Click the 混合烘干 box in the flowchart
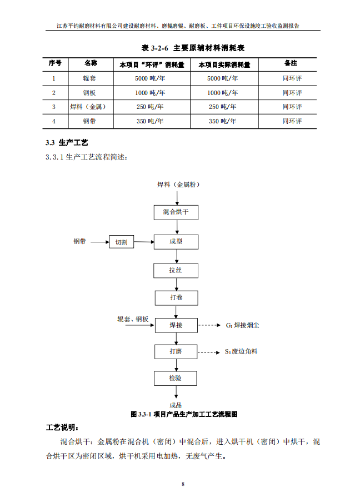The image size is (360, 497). pyautogui.click(x=176, y=212)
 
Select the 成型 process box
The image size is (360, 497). pyautogui.click(x=176, y=242)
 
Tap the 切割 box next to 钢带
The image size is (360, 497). pyautogui.click(x=121, y=242)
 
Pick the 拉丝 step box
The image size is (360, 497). pyautogui.click(x=176, y=271)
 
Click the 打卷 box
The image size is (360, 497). pyautogui.click(x=176, y=298)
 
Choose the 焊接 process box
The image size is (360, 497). pyautogui.click(x=176, y=325)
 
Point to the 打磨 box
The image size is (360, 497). pyautogui.click(x=176, y=351)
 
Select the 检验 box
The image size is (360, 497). pyautogui.click(x=176, y=378)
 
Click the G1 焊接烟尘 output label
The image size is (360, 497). pyautogui.click(x=243, y=325)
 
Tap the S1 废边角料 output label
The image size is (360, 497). pyautogui.click(x=241, y=351)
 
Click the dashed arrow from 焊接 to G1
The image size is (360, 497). pyautogui.click(x=209, y=325)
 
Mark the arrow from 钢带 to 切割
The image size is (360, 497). pyautogui.click(x=100, y=242)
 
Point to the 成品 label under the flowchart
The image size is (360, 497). pyautogui.click(x=176, y=405)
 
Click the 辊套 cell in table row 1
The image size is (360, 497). pyautogui.click(x=89, y=78)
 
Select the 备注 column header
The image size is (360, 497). pyautogui.click(x=291, y=63)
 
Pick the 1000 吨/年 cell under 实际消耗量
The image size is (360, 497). pyautogui.click(x=223, y=93)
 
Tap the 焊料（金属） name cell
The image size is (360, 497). pyautogui.click(x=88, y=107)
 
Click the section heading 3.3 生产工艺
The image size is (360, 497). pyautogui.click(x=67, y=143)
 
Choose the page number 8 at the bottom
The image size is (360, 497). pyautogui.click(x=183, y=484)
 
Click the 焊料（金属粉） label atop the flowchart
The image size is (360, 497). pyautogui.click(x=178, y=185)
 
